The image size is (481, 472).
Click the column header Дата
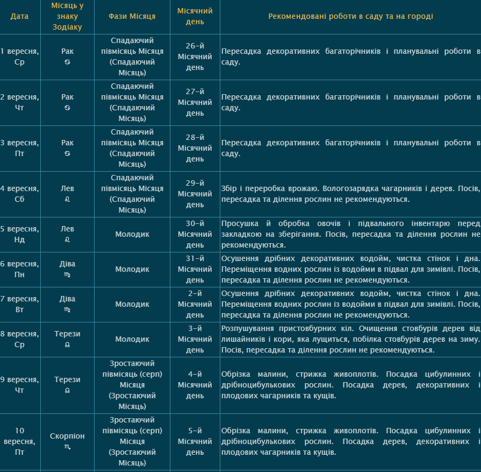pyautogui.click(x=19, y=16)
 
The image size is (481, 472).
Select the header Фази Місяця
pyautogui.click(x=132, y=16)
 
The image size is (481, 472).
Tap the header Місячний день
pyautogui.click(x=195, y=16)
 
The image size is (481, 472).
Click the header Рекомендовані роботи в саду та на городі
pyautogui.click(x=350, y=16)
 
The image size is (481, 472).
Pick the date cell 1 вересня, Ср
pyautogui.click(x=19, y=57)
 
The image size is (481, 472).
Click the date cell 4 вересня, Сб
pyautogui.click(x=19, y=194)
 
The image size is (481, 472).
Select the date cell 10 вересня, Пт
pyautogui.click(x=19, y=441)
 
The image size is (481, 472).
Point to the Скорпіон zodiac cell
pyautogui.click(x=67, y=436)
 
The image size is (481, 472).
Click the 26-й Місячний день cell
pyautogui.click(x=195, y=57)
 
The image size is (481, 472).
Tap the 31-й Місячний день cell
pyautogui.click(x=195, y=269)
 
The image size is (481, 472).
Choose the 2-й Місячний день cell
pyautogui.click(x=195, y=304)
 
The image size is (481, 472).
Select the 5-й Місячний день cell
pyautogui.click(x=195, y=441)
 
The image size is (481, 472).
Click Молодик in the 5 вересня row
pyautogui.click(x=132, y=234)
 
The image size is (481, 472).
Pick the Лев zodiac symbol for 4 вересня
pyautogui.click(x=67, y=200)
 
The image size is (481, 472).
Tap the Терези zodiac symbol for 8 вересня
pyautogui.click(x=67, y=345)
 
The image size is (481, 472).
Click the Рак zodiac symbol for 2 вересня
pyautogui.click(x=67, y=108)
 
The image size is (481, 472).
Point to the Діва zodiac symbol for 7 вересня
pyautogui.click(x=67, y=310)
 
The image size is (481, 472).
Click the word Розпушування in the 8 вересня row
pyautogui.click(x=246, y=328)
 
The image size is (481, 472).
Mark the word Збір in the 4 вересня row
pyautogui.click(x=228, y=188)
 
